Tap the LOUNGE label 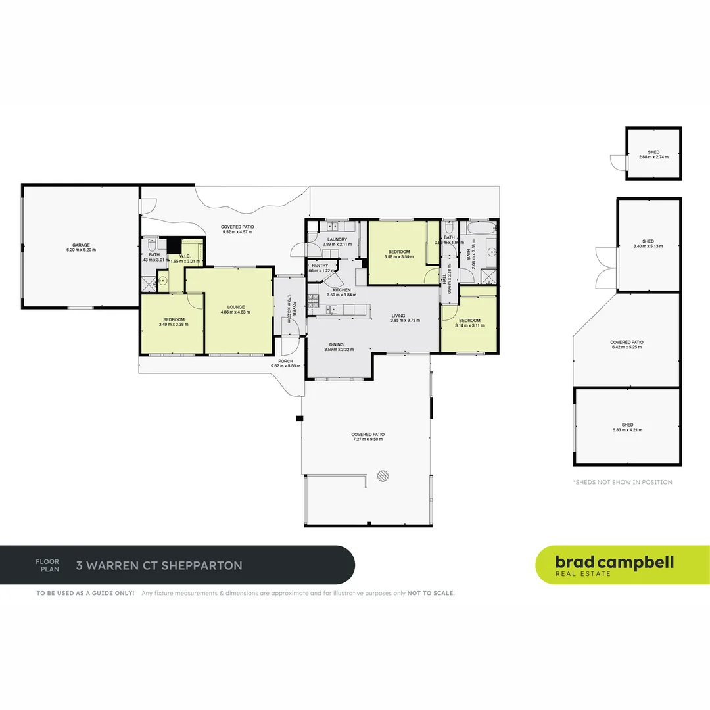pos(236,307)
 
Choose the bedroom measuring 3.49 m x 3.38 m pos(173,320)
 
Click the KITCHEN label pos(341,290)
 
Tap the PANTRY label pos(320,266)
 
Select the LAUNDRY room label pos(337,240)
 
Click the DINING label pos(337,345)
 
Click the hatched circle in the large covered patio pos(382,476)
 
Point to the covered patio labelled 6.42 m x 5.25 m pos(627,343)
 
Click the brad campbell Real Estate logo pos(615,565)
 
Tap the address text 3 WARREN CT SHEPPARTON pos(159,565)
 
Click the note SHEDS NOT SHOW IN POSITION pos(623,482)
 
